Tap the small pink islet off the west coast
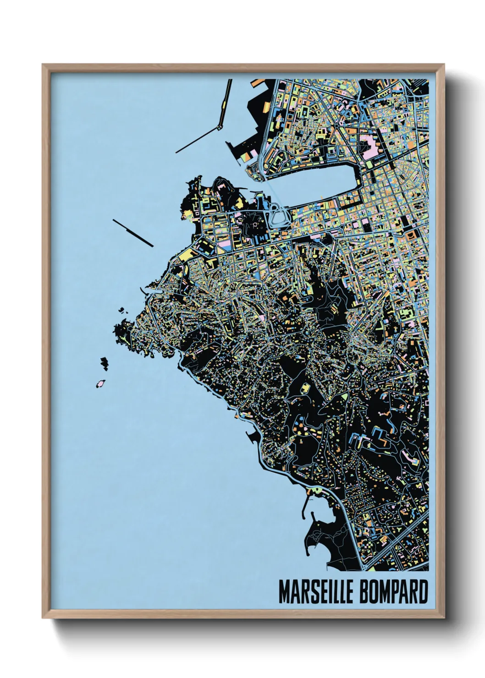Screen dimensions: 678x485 [99, 383]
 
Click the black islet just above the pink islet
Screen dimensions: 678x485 [105, 363]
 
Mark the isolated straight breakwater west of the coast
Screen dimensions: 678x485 [133, 233]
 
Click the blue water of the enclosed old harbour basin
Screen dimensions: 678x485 [321, 181]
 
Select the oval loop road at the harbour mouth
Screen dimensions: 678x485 [278, 214]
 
